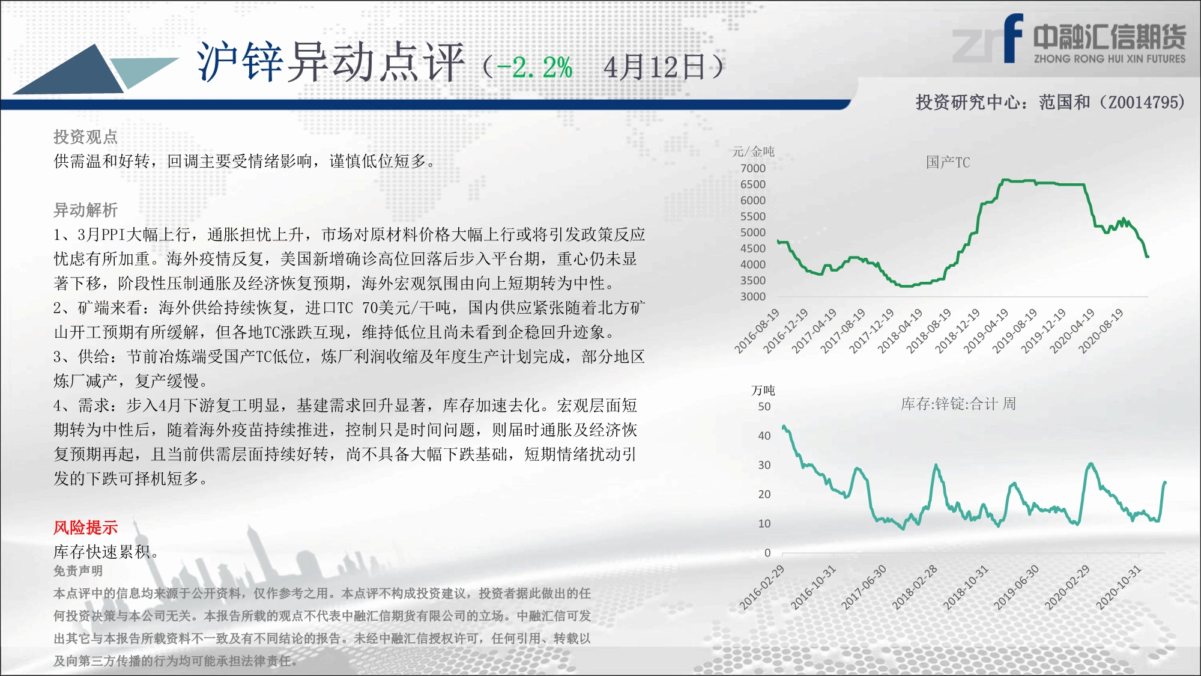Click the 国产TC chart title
point(948,162)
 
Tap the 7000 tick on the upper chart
point(753,168)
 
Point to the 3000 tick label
point(753,296)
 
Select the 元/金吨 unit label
point(753,151)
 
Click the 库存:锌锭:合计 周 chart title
point(958,404)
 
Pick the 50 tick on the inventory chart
point(764,406)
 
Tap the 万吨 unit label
point(763,390)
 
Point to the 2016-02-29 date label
point(761,588)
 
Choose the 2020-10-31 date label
point(1119,588)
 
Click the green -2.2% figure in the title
point(534,67)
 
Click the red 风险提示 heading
point(86,528)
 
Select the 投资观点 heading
point(86,137)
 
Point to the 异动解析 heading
point(86,210)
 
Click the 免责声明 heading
point(78,571)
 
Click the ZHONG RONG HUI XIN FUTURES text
point(1110,59)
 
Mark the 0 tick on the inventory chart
point(767,553)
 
